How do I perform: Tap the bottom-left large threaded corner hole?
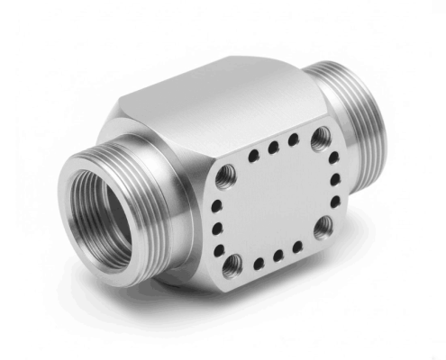point(233,264)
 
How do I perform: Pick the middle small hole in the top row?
point(273,148)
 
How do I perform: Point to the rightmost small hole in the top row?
point(293,140)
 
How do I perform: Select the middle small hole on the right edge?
point(335,179)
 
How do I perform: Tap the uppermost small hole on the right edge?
point(332,157)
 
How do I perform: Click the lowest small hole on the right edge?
point(334,202)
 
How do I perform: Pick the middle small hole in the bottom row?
point(278,256)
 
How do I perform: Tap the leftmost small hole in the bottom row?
point(258,263)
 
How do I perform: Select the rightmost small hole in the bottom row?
point(297,246)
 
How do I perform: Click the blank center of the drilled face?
point(275,202)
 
